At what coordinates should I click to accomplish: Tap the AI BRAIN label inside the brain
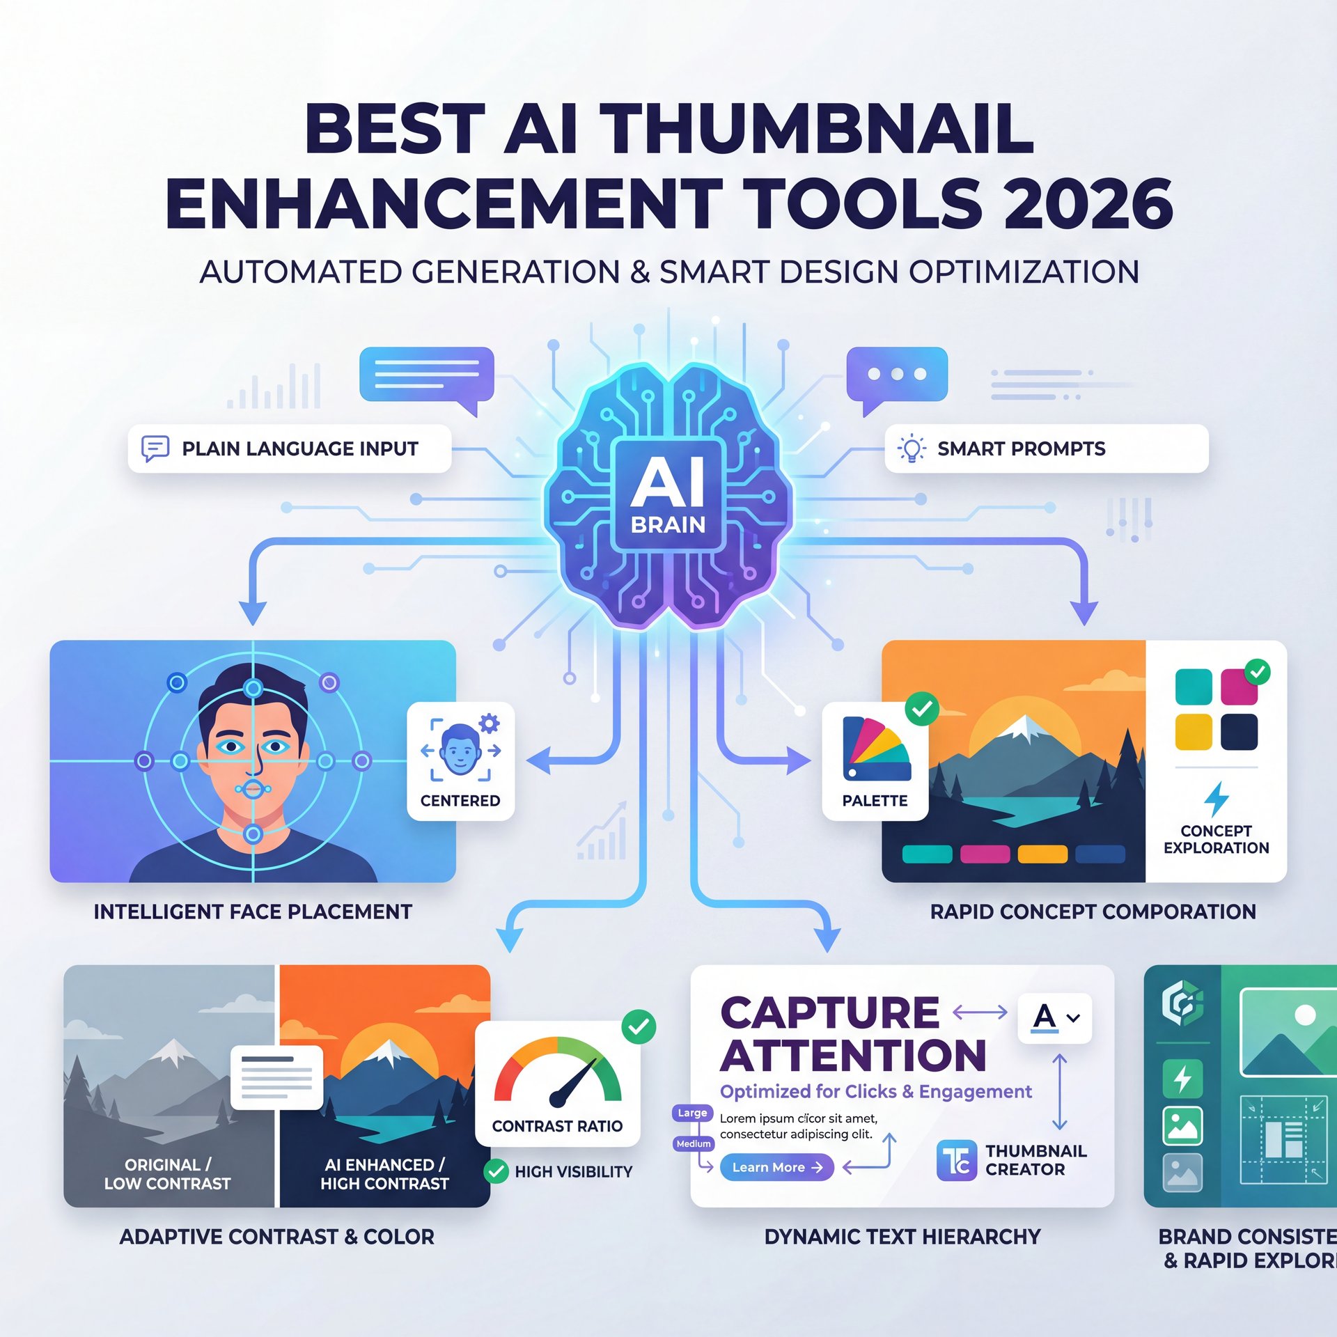[668, 494]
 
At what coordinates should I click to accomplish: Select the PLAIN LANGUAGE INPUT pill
[289, 448]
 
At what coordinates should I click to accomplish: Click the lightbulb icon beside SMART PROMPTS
[911, 448]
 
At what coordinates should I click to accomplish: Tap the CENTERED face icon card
[460, 760]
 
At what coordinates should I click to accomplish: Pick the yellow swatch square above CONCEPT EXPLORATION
[1193, 732]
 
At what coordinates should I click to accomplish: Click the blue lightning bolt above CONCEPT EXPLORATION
[1216, 798]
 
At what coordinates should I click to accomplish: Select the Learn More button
[776, 1167]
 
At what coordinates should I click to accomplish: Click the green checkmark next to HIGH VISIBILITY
[496, 1171]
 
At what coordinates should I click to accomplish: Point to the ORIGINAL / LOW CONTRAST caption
[167, 1174]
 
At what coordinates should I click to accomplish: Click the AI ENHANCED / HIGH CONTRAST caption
[384, 1174]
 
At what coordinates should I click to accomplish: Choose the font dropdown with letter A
[1054, 1017]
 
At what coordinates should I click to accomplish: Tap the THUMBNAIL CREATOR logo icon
[957, 1161]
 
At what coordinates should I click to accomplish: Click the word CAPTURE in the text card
[829, 1013]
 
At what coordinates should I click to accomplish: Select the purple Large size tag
[692, 1113]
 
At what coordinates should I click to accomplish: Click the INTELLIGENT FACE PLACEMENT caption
[253, 912]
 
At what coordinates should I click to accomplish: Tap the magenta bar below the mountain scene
[985, 854]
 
